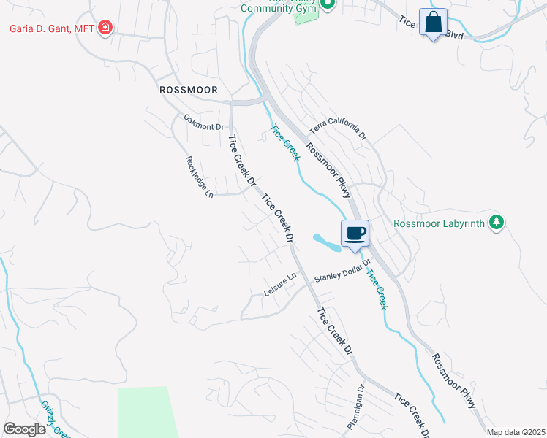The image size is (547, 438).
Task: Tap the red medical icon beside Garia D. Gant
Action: coord(106,28)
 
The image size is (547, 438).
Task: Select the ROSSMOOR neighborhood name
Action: coord(189,89)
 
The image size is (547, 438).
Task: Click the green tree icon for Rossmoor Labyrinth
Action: coord(497,223)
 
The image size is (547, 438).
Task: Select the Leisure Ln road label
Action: coord(282,285)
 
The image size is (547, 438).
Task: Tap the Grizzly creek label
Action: coord(56,420)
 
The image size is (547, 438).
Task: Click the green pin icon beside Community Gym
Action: coord(327,5)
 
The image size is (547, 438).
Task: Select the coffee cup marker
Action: coord(355,234)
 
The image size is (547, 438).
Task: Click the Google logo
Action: coord(24,429)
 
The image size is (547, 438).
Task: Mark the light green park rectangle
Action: coord(146,412)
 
